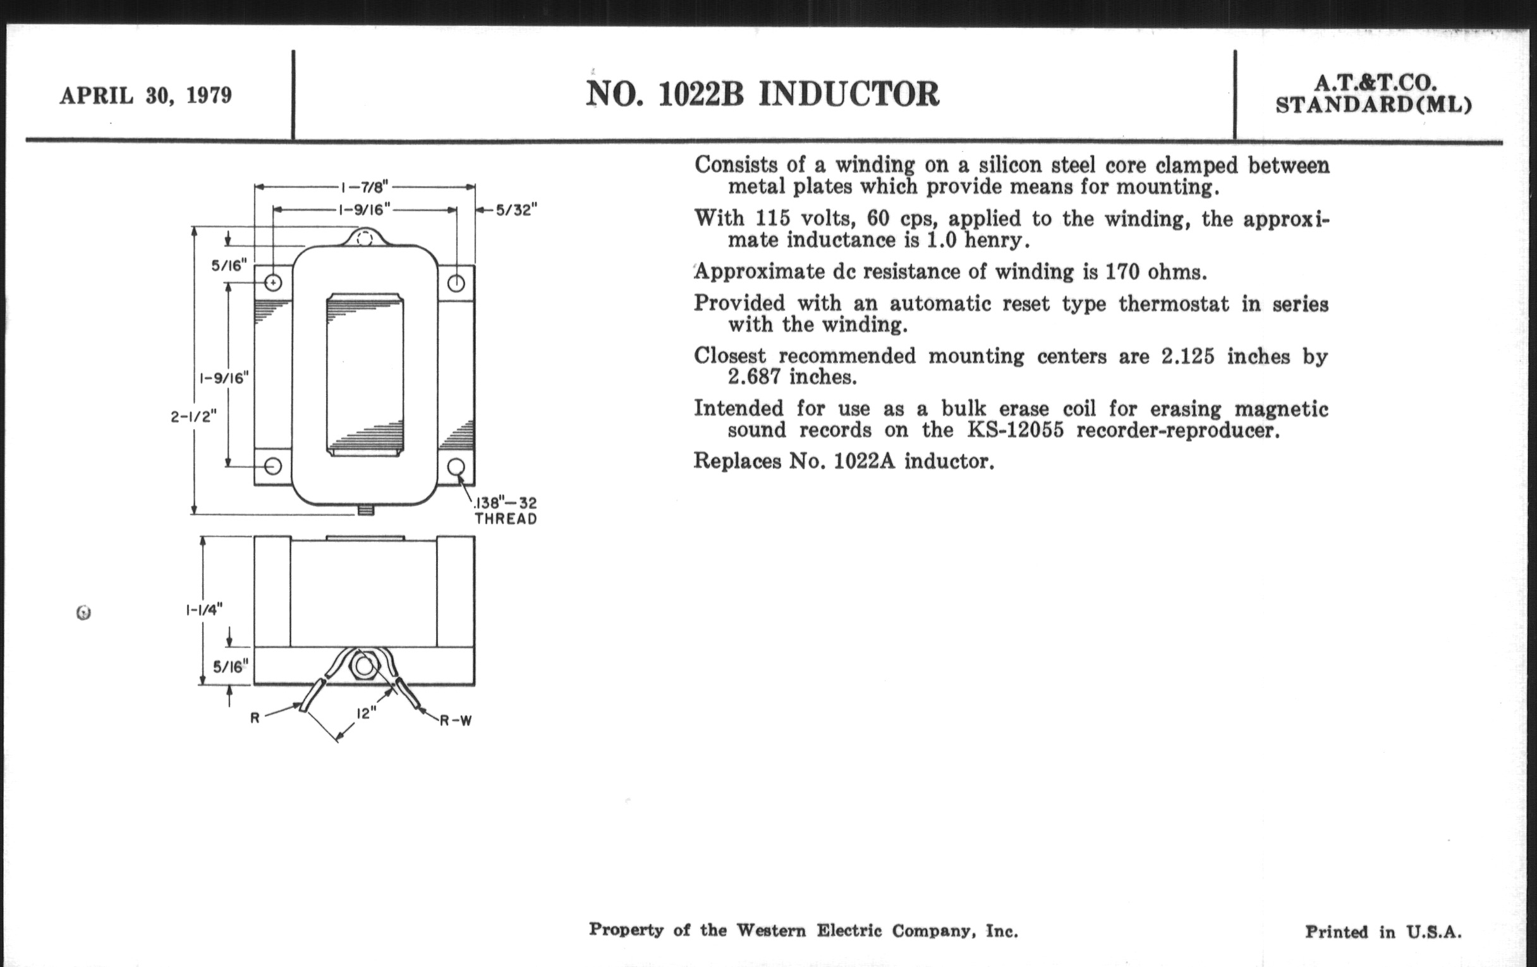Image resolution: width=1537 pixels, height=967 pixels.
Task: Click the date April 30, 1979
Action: coord(145,95)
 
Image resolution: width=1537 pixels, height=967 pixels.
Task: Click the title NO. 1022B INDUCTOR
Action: coord(762,94)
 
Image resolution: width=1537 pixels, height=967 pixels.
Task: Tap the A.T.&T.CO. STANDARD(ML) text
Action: coord(1373,94)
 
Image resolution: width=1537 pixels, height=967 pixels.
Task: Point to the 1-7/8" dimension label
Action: coord(365,187)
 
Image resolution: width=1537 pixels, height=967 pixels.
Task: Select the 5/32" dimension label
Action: coord(516,210)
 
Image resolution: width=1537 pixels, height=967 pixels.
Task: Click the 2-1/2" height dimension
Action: coord(193,417)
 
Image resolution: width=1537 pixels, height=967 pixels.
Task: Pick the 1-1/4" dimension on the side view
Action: coord(204,609)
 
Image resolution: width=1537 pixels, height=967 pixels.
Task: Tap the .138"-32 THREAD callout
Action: coord(506,511)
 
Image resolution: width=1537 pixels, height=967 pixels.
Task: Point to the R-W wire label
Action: coord(455,721)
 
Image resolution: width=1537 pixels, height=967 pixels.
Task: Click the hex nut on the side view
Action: coord(364,667)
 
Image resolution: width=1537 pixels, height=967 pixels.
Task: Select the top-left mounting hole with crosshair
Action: coord(273,282)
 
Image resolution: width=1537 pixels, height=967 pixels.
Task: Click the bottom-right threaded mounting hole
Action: coord(456,466)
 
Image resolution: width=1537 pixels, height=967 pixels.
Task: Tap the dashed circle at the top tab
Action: coord(365,240)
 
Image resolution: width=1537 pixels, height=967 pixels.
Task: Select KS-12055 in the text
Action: coord(1016,430)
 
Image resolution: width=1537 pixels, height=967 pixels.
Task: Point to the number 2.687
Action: coord(754,377)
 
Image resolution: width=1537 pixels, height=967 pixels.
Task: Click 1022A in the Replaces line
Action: coord(865,461)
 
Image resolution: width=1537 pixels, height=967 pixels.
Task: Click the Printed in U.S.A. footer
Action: coord(1383,932)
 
